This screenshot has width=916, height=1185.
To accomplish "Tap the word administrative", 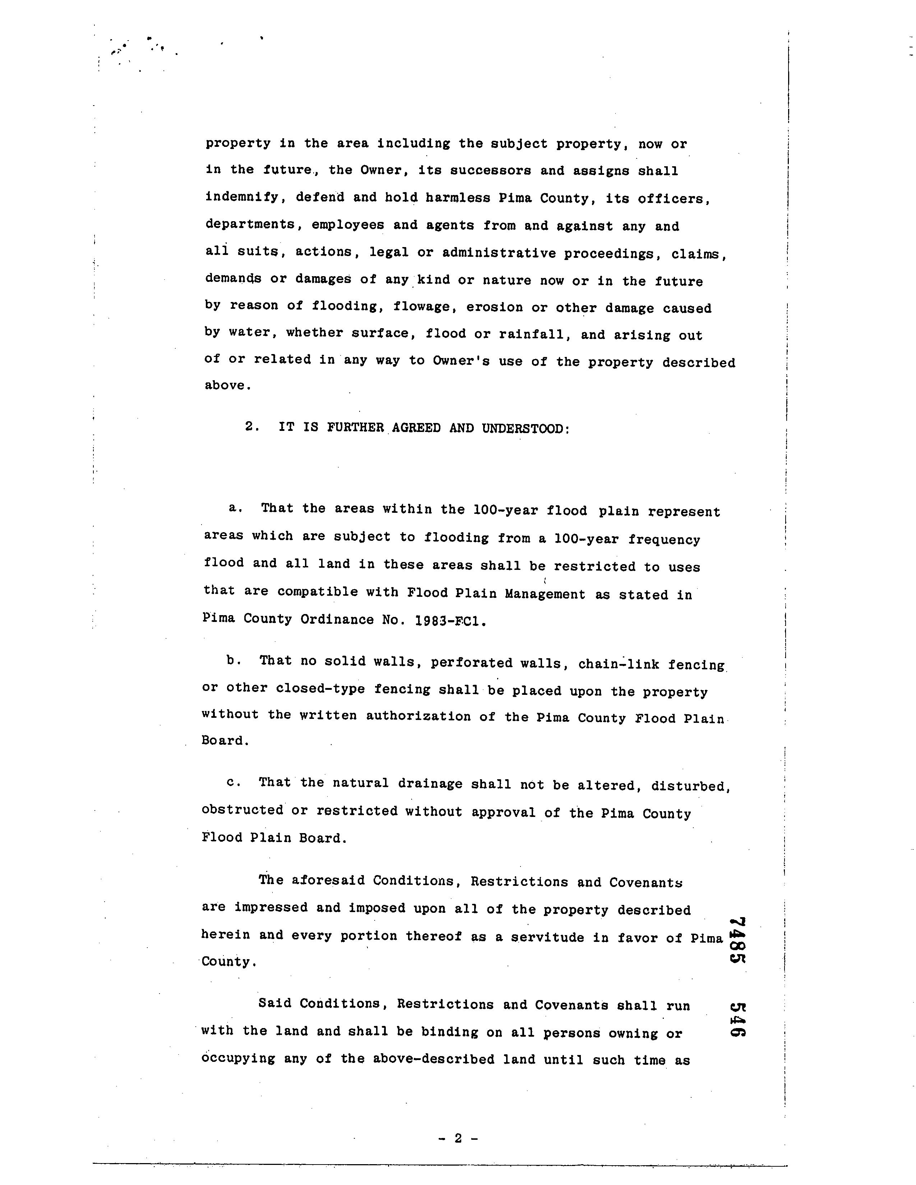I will tap(499, 254).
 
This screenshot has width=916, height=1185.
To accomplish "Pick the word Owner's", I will tap(461, 361).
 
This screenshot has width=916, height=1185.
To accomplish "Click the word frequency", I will tap(664, 539).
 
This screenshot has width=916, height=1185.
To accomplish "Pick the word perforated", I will tap(467, 663).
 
